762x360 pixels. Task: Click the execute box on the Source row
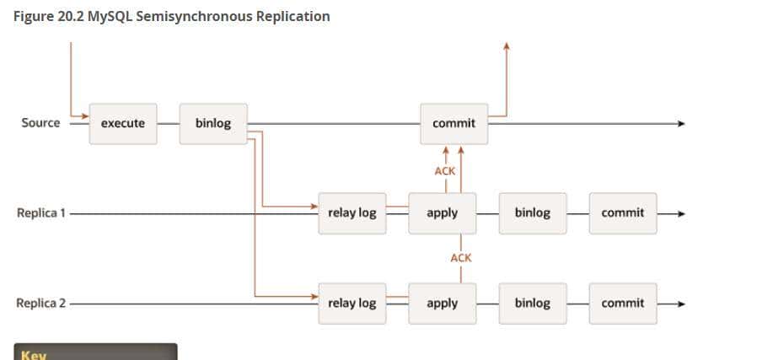click(123, 123)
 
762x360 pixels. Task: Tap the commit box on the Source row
click(453, 123)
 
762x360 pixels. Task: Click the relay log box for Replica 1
click(351, 213)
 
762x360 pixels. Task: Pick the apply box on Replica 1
click(442, 213)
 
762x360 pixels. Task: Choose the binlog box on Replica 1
click(532, 213)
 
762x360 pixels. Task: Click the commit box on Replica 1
click(622, 213)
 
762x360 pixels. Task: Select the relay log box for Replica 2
click(351, 304)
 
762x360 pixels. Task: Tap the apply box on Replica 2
click(442, 304)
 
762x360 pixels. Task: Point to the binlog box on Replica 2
click(532, 304)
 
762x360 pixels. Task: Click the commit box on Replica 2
click(622, 304)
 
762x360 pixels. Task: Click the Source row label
click(40, 123)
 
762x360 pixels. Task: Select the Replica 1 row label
click(40, 213)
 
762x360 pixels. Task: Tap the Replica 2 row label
click(40, 304)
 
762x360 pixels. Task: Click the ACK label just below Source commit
click(444, 171)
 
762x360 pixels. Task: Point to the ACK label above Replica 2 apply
click(460, 258)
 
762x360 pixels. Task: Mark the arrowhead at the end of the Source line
click(681, 123)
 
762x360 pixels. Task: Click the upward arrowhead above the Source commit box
click(506, 46)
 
